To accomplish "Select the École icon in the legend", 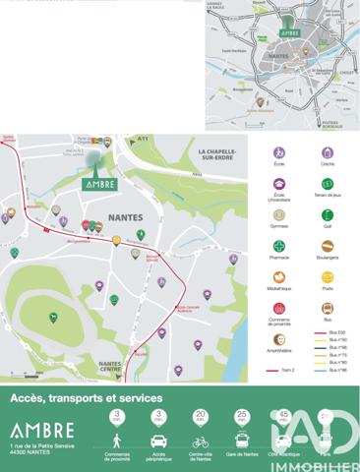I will (x=280, y=153).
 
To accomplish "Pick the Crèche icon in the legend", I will (x=328, y=153).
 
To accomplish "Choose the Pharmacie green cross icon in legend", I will (x=280, y=245).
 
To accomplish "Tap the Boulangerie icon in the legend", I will (x=328, y=245).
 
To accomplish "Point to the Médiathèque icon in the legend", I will (x=280, y=276).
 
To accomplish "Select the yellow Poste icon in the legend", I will (x=328, y=276).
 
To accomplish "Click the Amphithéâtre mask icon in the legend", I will (x=280, y=338).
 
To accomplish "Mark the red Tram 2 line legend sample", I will (x=280, y=373).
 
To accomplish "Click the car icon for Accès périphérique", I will (x=158, y=442).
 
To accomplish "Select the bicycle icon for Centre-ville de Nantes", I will (x=201, y=442).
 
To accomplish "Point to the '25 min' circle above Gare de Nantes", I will (x=241, y=418).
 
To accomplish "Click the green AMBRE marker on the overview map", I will (x=289, y=32).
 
